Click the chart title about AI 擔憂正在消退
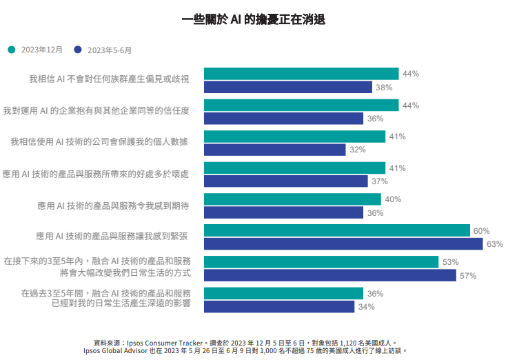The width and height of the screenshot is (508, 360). coord(254,20)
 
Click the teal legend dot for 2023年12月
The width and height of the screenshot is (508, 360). coord(11,50)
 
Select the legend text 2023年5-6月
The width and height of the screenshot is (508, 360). coord(110,50)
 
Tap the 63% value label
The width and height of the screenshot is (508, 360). coord(495,244)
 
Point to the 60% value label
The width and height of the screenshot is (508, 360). coord(482,231)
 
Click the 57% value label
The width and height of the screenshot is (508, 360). coord(469,276)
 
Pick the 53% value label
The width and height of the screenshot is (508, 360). coord(451,262)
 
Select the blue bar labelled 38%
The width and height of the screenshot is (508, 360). coord(288,87)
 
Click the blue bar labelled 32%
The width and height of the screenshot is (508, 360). coord(275,150)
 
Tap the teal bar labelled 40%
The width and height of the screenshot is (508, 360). coord(292,199)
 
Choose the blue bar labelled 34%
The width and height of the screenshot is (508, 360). coord(279,307)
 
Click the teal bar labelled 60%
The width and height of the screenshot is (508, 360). coord(337,231)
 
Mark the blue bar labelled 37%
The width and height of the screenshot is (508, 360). coord(286,181)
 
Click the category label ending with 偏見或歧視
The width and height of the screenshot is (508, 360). coord(109,79)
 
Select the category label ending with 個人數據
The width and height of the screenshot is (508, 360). coord(99,142)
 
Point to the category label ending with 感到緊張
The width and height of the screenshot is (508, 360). coord(113,237)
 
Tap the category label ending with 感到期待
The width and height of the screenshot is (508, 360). coord(113,206)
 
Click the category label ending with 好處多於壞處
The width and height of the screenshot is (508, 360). coord(95,174)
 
